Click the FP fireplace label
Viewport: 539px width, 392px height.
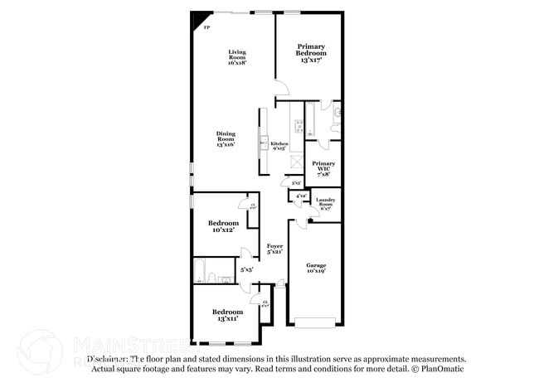pos(206,27)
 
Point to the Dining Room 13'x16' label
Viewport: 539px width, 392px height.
pos(226,138)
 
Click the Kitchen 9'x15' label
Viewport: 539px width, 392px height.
pos(279,146)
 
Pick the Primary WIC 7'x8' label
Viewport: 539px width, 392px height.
pos(323,168)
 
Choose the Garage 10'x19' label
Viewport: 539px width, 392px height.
pos(315,268)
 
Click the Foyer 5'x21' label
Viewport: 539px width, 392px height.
pos(275,249)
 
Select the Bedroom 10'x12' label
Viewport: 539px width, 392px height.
pos(223,226)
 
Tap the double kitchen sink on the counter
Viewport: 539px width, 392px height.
pos(264,141)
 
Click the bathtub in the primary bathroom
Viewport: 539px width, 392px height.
pos(311,119)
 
